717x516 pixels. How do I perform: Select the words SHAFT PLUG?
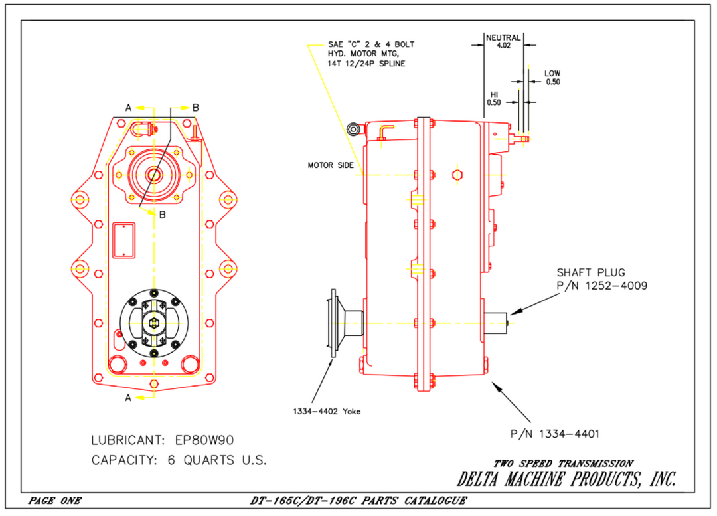point(590,272)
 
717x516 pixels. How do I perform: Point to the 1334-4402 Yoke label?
point(327,412)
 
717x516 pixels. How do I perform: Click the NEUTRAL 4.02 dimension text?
point(503,42)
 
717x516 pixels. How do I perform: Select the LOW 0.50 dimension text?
point(552,78)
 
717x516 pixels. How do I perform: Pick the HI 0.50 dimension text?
point(493,98)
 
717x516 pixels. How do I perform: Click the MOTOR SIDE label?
point(330,165)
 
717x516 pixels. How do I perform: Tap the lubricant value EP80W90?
point(204,440)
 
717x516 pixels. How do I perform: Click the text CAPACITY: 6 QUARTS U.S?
point(179,460)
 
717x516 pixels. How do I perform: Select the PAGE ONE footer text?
point(54,501)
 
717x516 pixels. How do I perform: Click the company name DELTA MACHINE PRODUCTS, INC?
point(566,479)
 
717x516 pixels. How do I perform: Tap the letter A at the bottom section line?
point(128,398)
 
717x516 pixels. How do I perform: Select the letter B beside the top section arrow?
point(195,107)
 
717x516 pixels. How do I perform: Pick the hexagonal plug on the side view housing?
point(456,175)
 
